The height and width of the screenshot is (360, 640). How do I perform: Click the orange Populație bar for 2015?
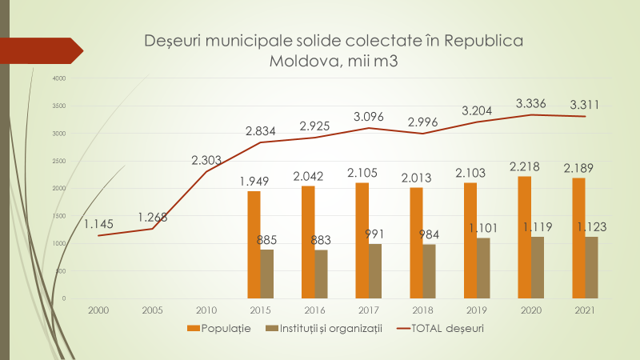click(x=254, y=244)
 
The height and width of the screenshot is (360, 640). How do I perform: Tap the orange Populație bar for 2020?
click(x=525, y=237)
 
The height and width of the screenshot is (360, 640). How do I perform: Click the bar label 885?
click(x=268, y=239)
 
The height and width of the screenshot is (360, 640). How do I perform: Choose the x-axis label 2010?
click(x=206, y=310)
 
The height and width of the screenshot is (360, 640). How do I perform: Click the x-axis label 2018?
click(x=423, y=310)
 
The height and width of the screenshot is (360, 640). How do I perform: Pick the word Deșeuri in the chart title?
click(x=174, y=41)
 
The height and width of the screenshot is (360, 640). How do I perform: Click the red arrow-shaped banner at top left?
click(x=40, y=50)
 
